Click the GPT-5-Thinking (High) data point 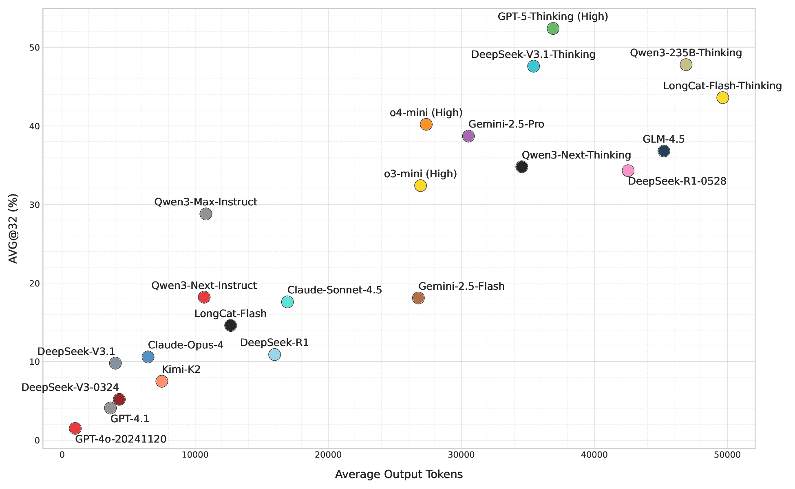[x=553, y=29]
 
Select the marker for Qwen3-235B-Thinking [x=686, y=64]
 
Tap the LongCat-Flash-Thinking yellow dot [x=722, y=98]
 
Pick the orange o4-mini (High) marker [x=426, y=124]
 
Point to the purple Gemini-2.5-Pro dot [x=468, y=136]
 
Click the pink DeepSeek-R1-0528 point [x=628, y=171]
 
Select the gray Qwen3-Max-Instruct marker [x=206, y=214]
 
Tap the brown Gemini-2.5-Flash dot [x=418, y=298]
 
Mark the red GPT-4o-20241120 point [x=75, y=428]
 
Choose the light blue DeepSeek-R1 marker [x=275, y=355]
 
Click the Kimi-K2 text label [x=181, y=370]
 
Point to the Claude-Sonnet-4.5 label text [x=334, y=290]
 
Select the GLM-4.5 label [x=663, y=139]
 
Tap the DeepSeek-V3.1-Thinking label [x=533, y=55]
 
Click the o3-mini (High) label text [x=420, y=174]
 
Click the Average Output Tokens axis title [x=399, y=474]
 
